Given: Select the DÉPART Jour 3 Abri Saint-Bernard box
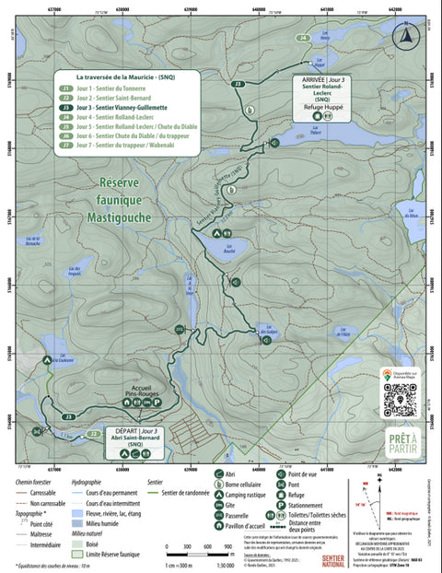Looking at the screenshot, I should [134, 436].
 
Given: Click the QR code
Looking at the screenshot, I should [401, 401].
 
